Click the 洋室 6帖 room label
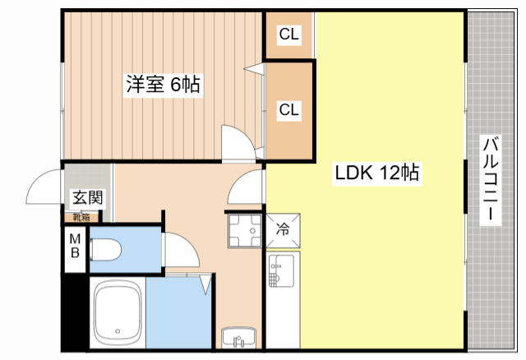[163, 84]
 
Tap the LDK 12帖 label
[377, 173]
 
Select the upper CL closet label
[288, 34]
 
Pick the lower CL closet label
[288, 109]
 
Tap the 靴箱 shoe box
[81, 217]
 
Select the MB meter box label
[75, 246]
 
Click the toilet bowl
[105, 250]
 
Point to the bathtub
[118, 312]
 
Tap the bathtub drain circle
[118, 331]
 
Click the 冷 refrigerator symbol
[283, 230]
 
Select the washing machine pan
[245, 231]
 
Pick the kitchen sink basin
[281, 270]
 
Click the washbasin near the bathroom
[238, 338]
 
